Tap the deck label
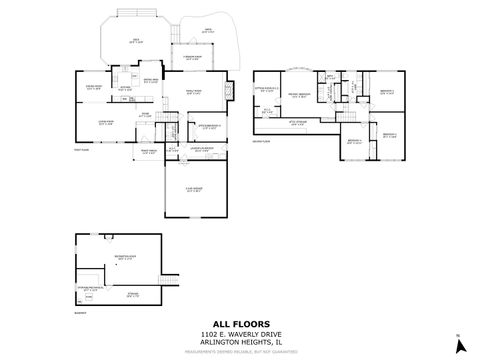tap(137, 41)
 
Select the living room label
tap(104, 124)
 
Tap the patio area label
tap(210, 30)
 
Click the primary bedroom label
tap(297, 95)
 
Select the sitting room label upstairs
tap(267, 90)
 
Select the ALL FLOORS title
tap(241, 324)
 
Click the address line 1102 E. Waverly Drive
tap(240, 334)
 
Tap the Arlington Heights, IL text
tap(240, 343)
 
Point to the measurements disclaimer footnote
tap(240, 351)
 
